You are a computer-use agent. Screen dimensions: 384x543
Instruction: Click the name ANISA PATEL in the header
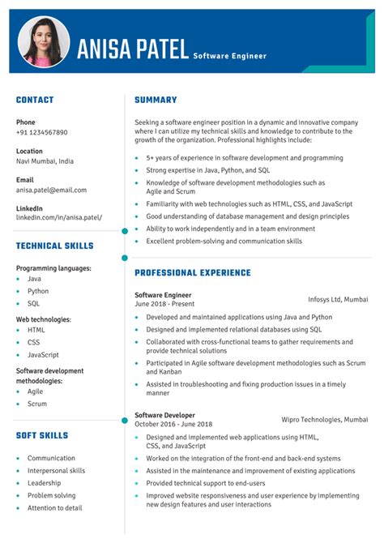point(133,49)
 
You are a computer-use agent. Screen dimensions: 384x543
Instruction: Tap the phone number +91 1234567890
point(42,132)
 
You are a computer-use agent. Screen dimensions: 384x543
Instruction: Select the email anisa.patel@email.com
point(51,190)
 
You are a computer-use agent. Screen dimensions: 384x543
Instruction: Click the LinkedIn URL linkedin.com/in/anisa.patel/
point(59,218)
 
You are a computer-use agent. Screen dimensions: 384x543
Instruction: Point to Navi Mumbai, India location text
point(45,161)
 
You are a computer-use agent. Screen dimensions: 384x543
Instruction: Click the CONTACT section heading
point(35,100)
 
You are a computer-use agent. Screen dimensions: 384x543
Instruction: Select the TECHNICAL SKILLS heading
point(54,246)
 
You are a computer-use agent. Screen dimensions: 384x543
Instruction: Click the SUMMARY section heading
point(156,100)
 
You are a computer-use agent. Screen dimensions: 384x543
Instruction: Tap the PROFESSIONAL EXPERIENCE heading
point(193,273)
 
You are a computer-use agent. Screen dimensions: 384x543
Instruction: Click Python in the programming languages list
point(38,291)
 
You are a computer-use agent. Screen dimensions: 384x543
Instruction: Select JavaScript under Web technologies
point(43,355)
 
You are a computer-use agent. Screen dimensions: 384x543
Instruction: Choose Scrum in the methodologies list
point(37,404)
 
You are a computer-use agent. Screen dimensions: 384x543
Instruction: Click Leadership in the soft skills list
point(45,483)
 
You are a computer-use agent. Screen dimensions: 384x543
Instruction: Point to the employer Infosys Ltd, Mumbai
point(338,299)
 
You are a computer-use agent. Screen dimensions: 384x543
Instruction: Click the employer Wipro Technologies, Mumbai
point(324,419)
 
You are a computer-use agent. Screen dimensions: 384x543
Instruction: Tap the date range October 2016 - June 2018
point(173,424)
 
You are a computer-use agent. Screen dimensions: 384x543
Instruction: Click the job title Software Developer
point(165,414)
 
